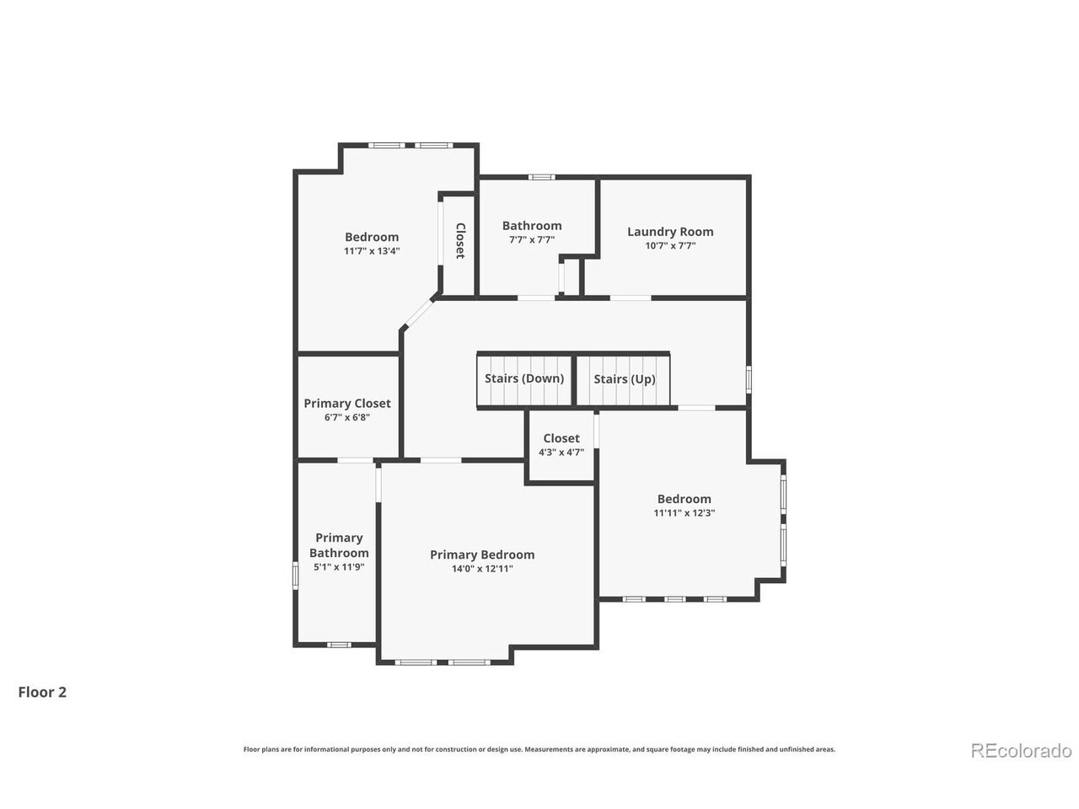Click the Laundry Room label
670,232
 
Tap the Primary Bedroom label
482,555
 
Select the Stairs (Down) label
524,378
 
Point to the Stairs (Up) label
625,379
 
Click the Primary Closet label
347,404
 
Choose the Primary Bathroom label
339,545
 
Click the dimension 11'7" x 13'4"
372,251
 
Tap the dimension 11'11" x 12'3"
684,513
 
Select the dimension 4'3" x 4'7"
561,453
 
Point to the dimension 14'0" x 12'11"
482,569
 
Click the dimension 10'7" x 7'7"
670,245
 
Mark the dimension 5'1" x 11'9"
339,567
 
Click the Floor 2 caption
42,693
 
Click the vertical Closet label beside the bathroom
460,241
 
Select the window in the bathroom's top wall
542,177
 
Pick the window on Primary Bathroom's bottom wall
339,645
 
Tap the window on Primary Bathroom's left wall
295,576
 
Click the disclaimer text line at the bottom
539,749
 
